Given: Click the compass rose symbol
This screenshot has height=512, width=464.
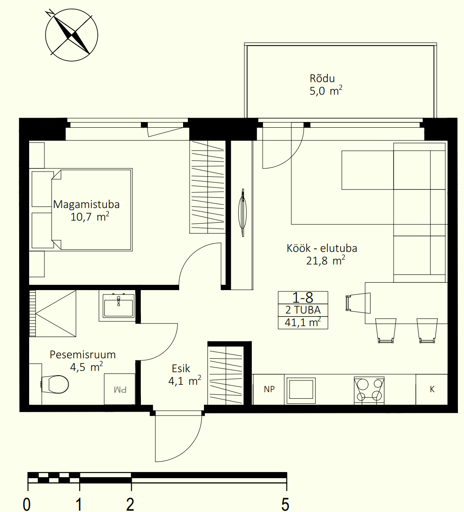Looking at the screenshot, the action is click(x=71, y=35).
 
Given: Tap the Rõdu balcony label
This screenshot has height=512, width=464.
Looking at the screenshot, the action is click(x=322, y=78).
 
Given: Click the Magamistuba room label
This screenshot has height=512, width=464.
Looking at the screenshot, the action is click(x=87, y=205).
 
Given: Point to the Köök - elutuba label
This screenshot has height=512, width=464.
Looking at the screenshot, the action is click(x=322, y=248).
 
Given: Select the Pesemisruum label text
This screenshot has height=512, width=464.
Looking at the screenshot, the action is click(x=83, y=355).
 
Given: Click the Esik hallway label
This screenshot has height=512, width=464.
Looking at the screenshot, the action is click(x=181, y=368).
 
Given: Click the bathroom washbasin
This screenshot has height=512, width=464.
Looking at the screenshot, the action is click(x=118, y=306).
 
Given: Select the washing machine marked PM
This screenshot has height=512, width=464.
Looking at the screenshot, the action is click(x=120, y=389).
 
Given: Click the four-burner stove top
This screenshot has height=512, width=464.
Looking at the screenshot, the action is click(x=369, y=390).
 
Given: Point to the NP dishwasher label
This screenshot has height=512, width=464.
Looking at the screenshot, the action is click(x=269, y=389).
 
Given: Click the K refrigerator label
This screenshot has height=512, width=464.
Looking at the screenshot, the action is click(x=432, y=389).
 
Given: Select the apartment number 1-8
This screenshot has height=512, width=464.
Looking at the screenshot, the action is click(x=303, y=297).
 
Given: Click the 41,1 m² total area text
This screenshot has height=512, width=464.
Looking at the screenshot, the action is click(x=303, y=323).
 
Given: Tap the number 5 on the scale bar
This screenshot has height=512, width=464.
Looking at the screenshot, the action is click(x=285, y=504).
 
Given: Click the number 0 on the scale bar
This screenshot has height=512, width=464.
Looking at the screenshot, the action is click(x=27, y=504).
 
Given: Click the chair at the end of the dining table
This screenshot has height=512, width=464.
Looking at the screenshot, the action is click(x=358, y=303).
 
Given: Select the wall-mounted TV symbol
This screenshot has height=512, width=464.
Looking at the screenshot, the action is click(x=242, y=212).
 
